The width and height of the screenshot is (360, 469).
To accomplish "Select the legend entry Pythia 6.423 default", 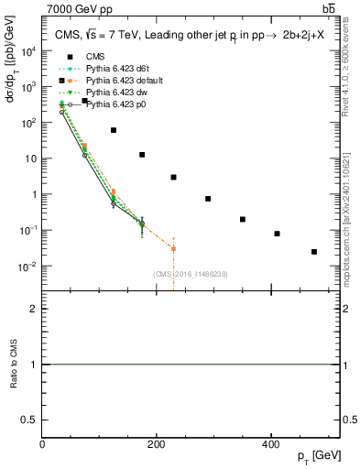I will pyautogui.click(x=116, y=81).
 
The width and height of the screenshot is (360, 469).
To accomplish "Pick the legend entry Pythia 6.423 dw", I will pyautogui.click(x=110, y=93).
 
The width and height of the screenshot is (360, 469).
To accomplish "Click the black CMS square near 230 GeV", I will pyautogui.click(x=173, y=177).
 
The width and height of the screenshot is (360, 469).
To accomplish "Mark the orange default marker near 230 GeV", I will pyautogui.click(x=173, y=248).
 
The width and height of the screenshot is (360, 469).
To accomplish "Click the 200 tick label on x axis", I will pyautogui.click(x=156, y=444).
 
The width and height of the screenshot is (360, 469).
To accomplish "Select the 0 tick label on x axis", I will pyautogui.click(x=42, y=444).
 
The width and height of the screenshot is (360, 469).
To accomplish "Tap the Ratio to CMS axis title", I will pyautogui.click(x=13, y=365).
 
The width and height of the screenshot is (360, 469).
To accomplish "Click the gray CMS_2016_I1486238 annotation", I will pyautogui.click(x=191, y=274).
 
